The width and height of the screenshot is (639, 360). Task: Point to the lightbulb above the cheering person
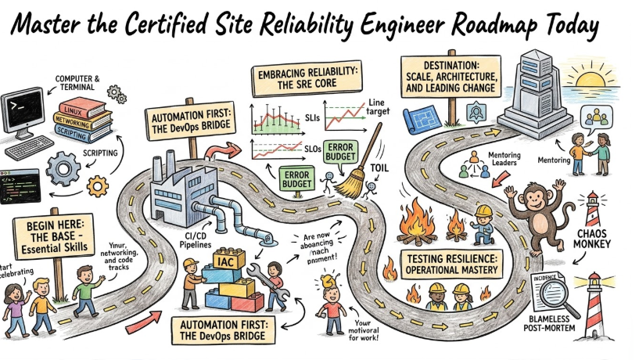(x=329, y=275)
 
